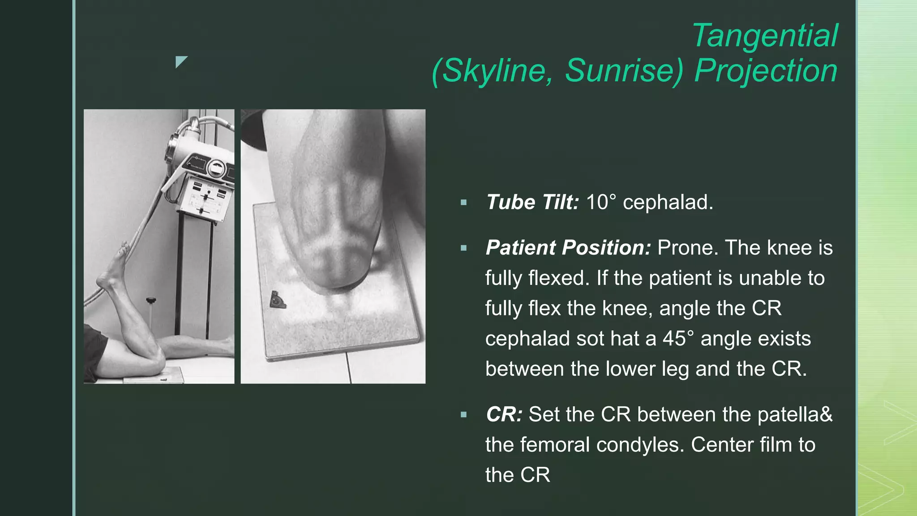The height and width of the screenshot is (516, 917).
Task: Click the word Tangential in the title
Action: (765, 36)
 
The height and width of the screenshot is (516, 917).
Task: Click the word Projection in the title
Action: (766, 71)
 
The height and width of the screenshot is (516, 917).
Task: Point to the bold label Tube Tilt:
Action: (532, 202)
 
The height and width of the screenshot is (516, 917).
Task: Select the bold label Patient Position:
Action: (568, 248)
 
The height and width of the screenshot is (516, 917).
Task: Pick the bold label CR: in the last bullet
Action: (504, 414)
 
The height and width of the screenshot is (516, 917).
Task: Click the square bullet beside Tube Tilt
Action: (463, 203)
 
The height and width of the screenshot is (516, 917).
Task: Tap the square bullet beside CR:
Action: (463, 415)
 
